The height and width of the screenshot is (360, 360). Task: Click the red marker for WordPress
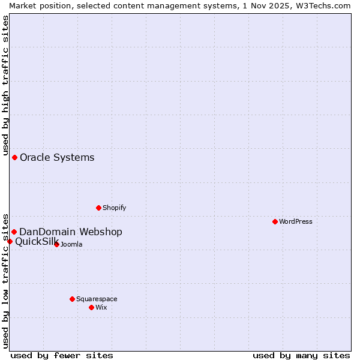click(275, 221)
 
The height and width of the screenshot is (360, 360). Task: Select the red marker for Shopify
click(98, 208)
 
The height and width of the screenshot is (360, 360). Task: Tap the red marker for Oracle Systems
click(14, 157)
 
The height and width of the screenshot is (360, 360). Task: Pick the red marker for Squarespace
click(72, 299)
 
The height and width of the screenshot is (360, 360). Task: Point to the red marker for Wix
click(91, 307)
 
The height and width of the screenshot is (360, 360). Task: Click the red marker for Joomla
click(56, 244)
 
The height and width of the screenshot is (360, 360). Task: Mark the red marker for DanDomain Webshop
click(14, 232)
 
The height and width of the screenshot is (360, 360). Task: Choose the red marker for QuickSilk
click(10, 241)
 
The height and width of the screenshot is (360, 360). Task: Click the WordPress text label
click(296, 221)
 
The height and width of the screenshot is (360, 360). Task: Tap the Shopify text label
click(114, 208)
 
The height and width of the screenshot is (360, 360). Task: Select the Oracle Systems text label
click(57, 158)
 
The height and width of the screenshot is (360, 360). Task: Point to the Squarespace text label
click(97, 299)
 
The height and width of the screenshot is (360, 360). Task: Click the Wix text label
click(101, 307)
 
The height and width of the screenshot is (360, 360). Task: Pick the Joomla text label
click(71, 244)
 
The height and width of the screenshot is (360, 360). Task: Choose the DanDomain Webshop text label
click(71, 232)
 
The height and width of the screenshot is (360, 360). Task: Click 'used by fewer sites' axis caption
click(62, 355)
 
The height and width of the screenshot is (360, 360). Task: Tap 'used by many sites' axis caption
click(301, 355)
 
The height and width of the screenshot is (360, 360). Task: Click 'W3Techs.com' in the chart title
click(322, 5)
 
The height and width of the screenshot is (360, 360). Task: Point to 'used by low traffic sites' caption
click(5, 280)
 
